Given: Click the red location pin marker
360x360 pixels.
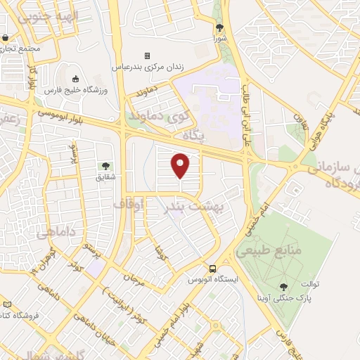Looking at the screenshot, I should coord(181,166).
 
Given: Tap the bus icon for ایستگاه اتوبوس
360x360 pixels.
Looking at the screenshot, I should coord(212,269).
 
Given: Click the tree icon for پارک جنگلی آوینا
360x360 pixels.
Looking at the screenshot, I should coord(283,287).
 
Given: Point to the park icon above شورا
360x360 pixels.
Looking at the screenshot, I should coord(219,28).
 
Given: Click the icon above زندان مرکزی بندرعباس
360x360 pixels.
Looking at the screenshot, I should coord(147,56).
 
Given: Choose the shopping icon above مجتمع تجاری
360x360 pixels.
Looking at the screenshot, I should coord(6,38).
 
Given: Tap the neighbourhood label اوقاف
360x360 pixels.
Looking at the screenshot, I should coord(129,205).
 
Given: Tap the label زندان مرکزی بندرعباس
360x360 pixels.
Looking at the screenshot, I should coord(148,67).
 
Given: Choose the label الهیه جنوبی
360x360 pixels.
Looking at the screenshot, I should coord(49,15).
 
